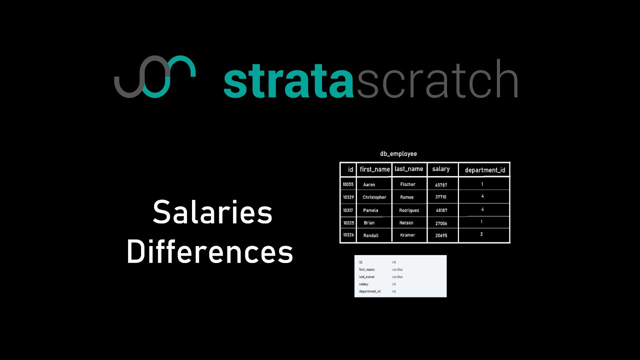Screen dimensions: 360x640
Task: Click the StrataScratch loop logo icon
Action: pos(154,76)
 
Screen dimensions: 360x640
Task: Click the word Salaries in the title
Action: pos(212,212)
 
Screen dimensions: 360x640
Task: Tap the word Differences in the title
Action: pos(210,252)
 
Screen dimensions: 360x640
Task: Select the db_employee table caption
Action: pos(398,154)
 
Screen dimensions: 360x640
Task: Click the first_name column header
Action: pos(374,169)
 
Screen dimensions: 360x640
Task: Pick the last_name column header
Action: pos(409,169)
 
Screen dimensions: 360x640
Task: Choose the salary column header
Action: pos(441,169)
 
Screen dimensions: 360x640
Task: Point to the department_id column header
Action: pos(485,170)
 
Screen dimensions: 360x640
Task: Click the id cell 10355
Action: pos(348,184)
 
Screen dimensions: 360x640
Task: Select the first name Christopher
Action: pos(374,197)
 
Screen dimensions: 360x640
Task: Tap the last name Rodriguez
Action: pos(409,210)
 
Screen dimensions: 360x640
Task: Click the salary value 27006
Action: pos(441,223)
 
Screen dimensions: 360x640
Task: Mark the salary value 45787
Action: pos(441,185)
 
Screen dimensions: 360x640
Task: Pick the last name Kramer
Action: pos(408,235)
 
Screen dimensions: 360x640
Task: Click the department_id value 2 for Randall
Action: pos(481,234)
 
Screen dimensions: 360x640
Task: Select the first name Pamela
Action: pos(370,210)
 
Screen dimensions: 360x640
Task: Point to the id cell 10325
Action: pos(348,222)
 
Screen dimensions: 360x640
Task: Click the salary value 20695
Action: pos(441,235)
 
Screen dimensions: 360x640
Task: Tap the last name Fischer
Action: pos(408,184)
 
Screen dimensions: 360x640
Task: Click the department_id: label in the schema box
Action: pos(370,291)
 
